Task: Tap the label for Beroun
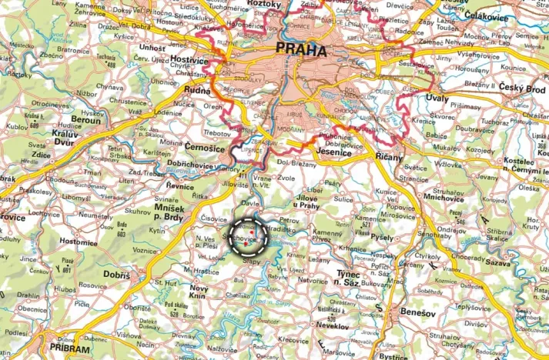pyautogui.click(x=85, y=121)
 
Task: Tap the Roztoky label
pyautogui.click(x=266, y=4)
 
